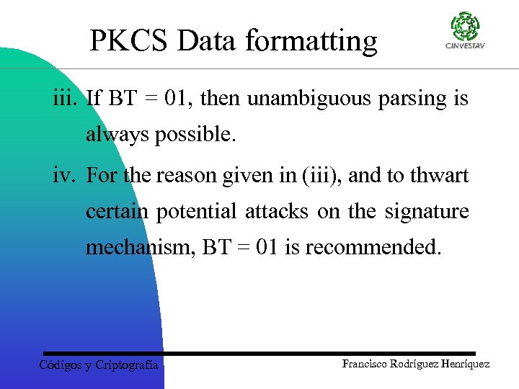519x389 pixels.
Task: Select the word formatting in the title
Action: [311, 42]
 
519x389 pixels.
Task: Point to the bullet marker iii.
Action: [66, 98]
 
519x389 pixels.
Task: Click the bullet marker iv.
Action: [66, 176]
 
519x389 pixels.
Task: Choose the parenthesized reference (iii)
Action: [319, 176]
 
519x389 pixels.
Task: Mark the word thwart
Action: [440, 176]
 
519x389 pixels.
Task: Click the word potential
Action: [199, 212]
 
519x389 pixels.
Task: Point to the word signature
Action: [427, 212]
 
